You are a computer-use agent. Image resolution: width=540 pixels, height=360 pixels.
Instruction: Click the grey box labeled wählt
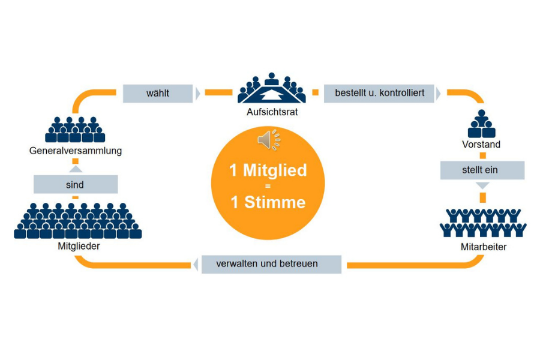[158, 94]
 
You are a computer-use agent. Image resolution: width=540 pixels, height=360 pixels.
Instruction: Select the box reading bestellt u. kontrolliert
[380, 94]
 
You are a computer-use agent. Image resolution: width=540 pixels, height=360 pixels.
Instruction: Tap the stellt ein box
[482, 170]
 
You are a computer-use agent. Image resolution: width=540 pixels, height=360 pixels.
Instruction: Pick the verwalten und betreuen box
[271, 264]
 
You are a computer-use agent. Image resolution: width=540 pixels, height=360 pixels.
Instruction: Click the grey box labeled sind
[75, 184]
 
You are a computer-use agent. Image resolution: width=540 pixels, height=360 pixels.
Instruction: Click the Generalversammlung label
[76, 151]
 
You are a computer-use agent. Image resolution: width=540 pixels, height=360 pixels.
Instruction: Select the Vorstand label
[481, 145]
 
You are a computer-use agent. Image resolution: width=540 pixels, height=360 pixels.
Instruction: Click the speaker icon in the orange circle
[268, 140]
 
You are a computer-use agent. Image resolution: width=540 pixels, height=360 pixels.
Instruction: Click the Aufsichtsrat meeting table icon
[271, 89]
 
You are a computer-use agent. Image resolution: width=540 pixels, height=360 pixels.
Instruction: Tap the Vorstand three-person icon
[482, 124]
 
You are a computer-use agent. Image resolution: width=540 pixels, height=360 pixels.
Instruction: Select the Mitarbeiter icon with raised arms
[482, 223]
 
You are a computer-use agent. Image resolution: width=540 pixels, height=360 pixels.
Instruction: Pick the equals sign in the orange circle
[268, 187]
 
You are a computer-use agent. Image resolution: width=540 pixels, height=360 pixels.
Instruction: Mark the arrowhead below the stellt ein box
[482, 186]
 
